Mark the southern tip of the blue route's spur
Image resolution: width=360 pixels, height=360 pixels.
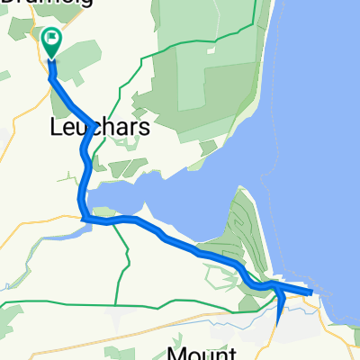278,319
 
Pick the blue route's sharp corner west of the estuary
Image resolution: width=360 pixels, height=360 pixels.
83,218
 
